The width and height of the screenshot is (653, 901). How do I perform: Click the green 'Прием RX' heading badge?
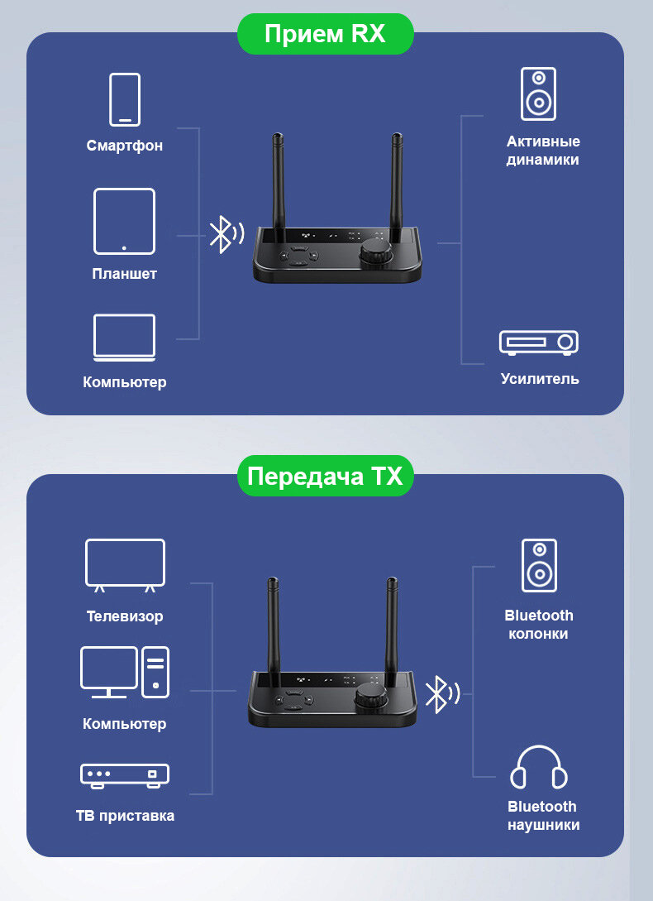click(325, 34)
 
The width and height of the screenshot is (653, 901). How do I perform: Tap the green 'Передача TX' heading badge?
click(325, 477)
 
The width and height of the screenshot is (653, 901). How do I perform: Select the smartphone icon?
click(125, 99)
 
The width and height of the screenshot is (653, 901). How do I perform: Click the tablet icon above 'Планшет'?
click(124, 221)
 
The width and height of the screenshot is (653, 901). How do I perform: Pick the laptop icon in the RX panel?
click(124, 337)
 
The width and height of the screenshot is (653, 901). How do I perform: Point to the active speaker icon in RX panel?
click(538, 93)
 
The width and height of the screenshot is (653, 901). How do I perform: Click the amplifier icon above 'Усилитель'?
click(538, 343)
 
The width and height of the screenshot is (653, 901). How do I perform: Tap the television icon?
click(125, 565)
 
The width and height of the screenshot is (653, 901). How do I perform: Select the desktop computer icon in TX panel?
click(125, 672)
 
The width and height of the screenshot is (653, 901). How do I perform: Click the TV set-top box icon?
click(125, 774)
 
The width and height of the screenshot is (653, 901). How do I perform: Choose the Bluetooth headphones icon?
click(539, 768)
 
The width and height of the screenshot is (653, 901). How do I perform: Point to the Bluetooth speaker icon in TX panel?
click(539, 565)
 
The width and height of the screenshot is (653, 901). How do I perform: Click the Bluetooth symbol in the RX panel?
click(221, 234)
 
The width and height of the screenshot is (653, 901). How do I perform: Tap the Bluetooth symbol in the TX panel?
click(437, 694)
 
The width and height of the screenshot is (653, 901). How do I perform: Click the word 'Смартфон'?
click(125, 146)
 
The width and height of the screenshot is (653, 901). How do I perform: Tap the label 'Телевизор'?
click(125, 616)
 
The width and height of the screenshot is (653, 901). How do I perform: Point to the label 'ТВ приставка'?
click(125, 816)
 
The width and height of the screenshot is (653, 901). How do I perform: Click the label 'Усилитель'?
click(540, 379)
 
